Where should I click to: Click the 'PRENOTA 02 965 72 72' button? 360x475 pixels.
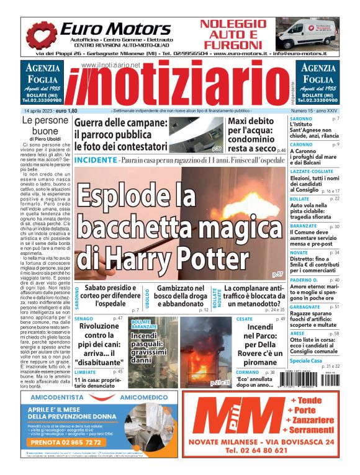click(x=64, y=443)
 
